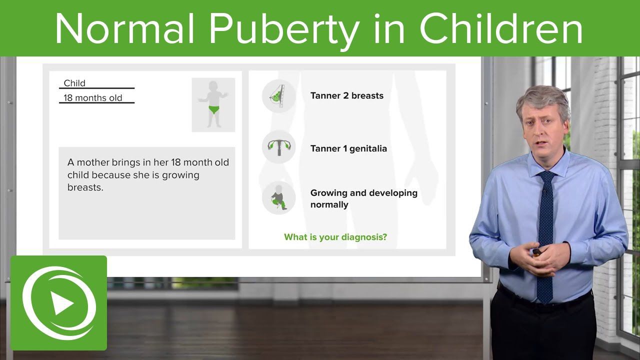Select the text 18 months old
[x=93, y=97]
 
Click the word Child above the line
[x=74, y=83]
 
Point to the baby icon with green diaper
[x=213, y=104]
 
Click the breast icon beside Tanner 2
[x=278, y=96]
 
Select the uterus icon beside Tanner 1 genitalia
[x=278, y=146]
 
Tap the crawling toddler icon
[x=278, y=197]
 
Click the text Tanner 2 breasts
[x=347, y=95]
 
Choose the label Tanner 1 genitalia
[x=348, y=148]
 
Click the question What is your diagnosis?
[x=335, y=237]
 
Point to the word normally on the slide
[x=329, y=204]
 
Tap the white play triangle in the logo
[x=61, y=303]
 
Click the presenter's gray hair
[x=543, y=100]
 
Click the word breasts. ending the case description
[x=85, y=187]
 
